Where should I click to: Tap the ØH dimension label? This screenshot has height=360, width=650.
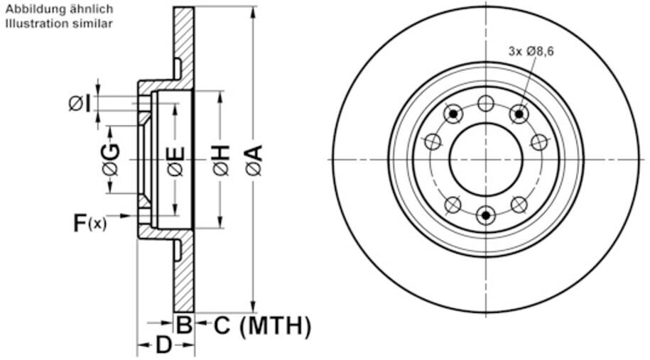pos(221,160)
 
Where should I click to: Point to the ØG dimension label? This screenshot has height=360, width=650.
pos(111,160)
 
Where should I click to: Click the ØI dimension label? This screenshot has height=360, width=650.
pos(80,104)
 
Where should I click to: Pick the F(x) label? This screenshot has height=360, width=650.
pos(90,223)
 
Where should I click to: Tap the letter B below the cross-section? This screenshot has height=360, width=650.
pos(184,326)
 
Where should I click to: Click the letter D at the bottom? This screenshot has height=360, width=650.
pos(164,346)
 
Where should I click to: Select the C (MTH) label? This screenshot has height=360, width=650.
pos(262,326)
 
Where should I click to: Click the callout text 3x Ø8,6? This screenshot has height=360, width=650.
pos(531,50)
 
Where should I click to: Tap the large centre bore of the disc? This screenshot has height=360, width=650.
pos(486,159)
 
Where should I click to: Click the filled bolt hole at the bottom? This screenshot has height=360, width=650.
pos(486,214)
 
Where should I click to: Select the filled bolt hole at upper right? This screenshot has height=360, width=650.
pos(519,114)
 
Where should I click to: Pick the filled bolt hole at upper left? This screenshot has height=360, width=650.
pos(453,114)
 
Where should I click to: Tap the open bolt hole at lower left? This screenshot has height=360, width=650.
pos(453,205)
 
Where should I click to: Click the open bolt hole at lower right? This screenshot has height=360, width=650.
pos(519,205)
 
